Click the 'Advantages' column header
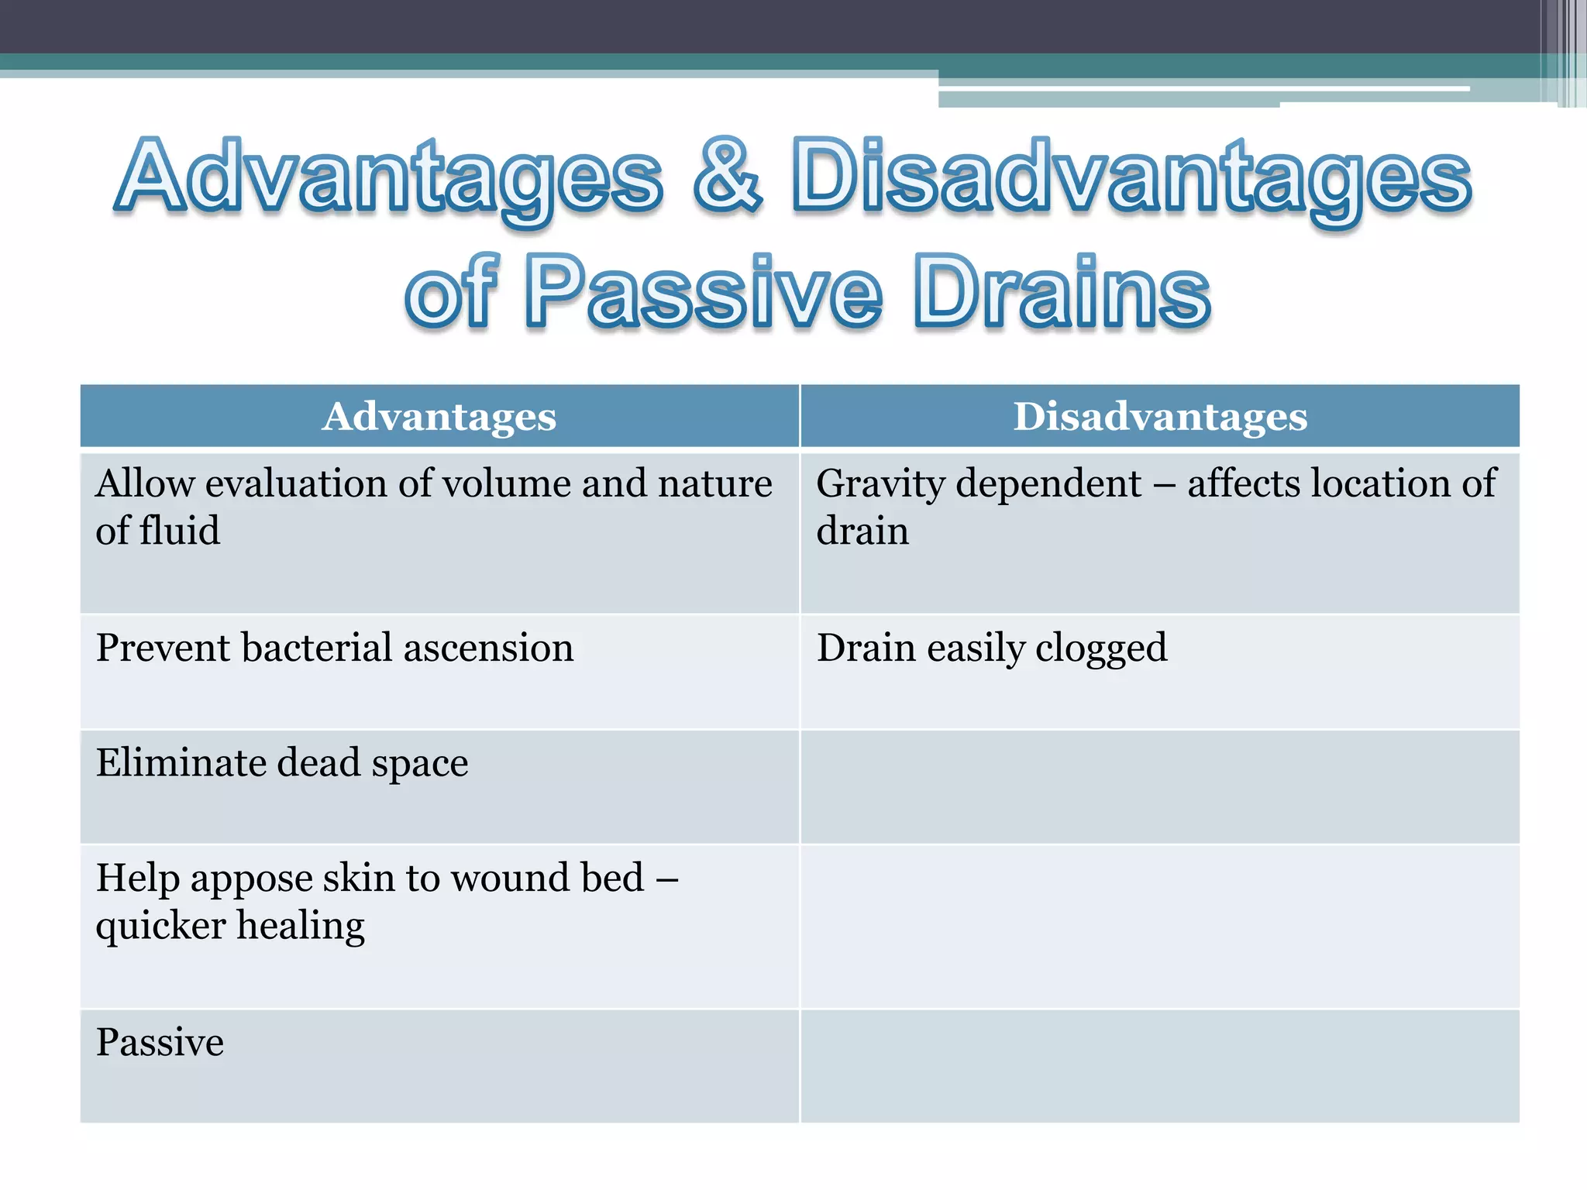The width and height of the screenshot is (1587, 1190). pos(439,417)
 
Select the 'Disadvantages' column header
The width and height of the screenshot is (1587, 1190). pos(1160,417)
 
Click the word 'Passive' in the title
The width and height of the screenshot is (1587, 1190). pos(704,293)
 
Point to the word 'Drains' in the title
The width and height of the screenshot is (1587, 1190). pos(1062,293)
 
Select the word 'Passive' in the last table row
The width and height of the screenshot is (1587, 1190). pos(160,1042)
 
